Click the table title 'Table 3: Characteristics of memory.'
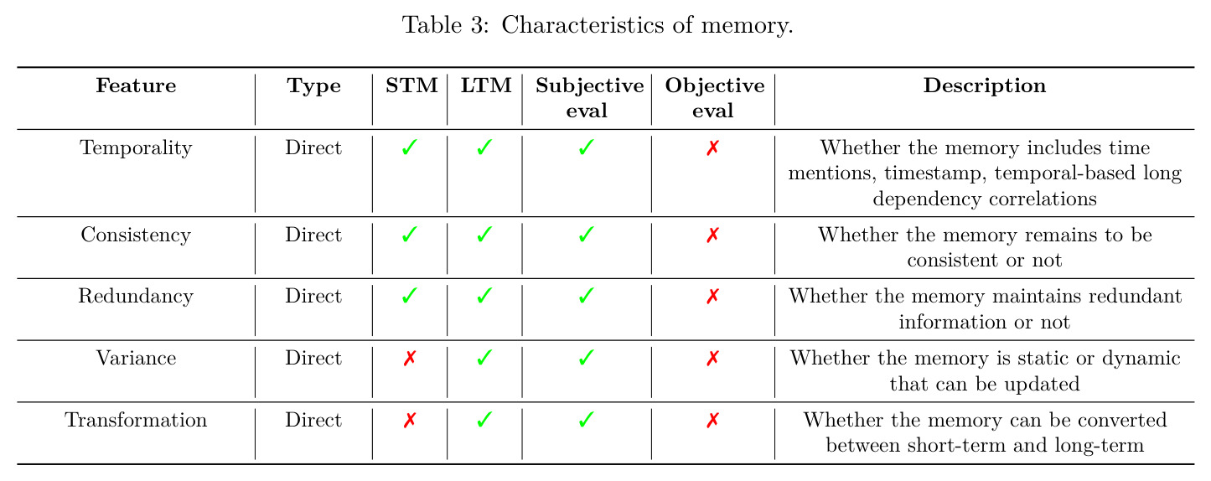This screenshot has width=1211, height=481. point(598,25)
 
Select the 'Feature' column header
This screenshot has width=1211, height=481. point(137,85)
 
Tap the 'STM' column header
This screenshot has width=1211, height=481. point(411,85)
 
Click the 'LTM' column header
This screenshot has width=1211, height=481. point(486,85)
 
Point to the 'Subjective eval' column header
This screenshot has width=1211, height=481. point(589,98)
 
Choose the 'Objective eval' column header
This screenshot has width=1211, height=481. point(715,98)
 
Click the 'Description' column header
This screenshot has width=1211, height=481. point(985,86)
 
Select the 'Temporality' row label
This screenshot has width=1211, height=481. point(137,148)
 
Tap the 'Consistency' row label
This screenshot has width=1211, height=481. point(137,235)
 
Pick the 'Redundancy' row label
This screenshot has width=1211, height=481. point(137,296)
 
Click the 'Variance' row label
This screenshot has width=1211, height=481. point(137,358)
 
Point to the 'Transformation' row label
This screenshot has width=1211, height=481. point(137,420)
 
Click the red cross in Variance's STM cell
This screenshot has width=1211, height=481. point(410,358)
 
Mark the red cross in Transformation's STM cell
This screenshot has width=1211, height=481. point(410,420)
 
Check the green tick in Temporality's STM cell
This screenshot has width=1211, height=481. point(410,147)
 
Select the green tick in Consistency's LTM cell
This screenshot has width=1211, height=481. point(484,234)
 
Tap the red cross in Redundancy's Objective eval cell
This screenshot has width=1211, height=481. point(713,296)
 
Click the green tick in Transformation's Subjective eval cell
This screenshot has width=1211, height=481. point(587,419)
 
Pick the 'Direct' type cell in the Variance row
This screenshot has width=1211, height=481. point(313,358)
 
